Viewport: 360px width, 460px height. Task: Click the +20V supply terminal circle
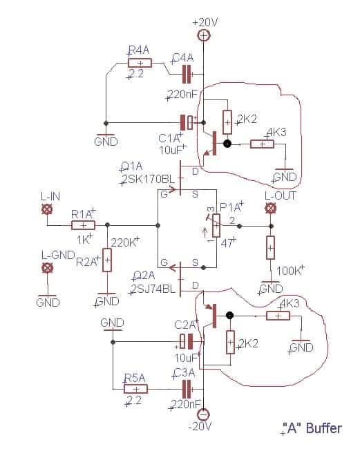pyautogui.click(x=204, y=36)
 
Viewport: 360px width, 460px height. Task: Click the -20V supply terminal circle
pyautogui.click(x=203, y=414)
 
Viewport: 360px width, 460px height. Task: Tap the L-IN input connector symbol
pyautogui.click(x=47, y=209)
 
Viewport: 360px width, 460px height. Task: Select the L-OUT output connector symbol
pyautogui.click(x=270, y=209)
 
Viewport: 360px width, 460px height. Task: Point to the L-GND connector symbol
pyautogui.click(x=47, y=268)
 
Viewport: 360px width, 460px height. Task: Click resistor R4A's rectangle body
pyautogui.click(x=140, y=63)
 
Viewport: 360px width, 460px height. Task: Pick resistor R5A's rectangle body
pyautogui.click(x=136, y=389)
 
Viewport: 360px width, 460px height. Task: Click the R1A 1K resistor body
pyautogui.click(x=83, y=225)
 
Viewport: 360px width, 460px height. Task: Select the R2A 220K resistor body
pyautogui.click(x=107, y=260)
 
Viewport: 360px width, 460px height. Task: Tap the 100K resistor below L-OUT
pyautogui.click(x=270, y=247)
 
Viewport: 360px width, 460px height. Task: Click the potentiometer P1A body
pyautogui.click(x=216, y=225)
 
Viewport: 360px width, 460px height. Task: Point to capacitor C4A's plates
pyautogui.click(x=187, y=75)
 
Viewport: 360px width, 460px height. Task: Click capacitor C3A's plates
pyautogui.click(x=187, y=390)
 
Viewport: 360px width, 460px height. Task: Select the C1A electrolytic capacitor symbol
pyautogui.click(x=188, y=122)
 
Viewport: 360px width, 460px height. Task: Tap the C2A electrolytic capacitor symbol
pyautogui.click(x=187, y=341)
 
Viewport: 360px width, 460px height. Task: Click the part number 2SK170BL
pyautogui.click(x=149, y=180)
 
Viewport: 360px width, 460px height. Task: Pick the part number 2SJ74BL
pyautogui.click(x=153, y=289)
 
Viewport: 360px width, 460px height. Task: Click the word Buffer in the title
pyautogui.click(x=324, y=428)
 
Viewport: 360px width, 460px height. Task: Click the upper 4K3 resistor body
pyautogui.click(x=262, y=144)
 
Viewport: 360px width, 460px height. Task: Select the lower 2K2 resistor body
pyautogui.click(x=231, y=342)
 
